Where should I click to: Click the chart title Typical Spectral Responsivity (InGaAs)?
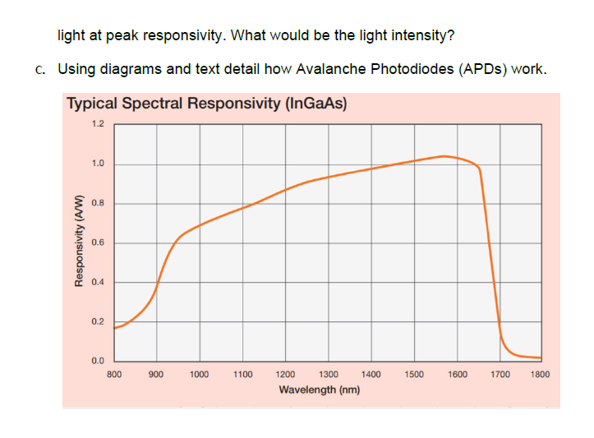pos(206,104)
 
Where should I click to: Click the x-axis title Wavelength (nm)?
pos(320,389)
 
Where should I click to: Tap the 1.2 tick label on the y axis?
pos(98,125)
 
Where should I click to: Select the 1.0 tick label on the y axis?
pos(98,164)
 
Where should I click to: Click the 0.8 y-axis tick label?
pos(98,203)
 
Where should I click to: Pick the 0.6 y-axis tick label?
pos(98,242)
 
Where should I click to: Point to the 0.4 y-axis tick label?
pos(98,282)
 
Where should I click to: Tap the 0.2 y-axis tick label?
pos(98,321)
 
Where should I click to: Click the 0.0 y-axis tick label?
pos(98,361)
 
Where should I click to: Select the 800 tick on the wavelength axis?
pos(115,374)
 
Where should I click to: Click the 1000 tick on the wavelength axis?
pos(199,374)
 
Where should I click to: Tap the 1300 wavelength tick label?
pos(328,374)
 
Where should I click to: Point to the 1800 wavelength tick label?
pos(541,374)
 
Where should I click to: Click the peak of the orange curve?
pos(444,155)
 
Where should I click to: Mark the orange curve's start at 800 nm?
pos(115,328)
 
